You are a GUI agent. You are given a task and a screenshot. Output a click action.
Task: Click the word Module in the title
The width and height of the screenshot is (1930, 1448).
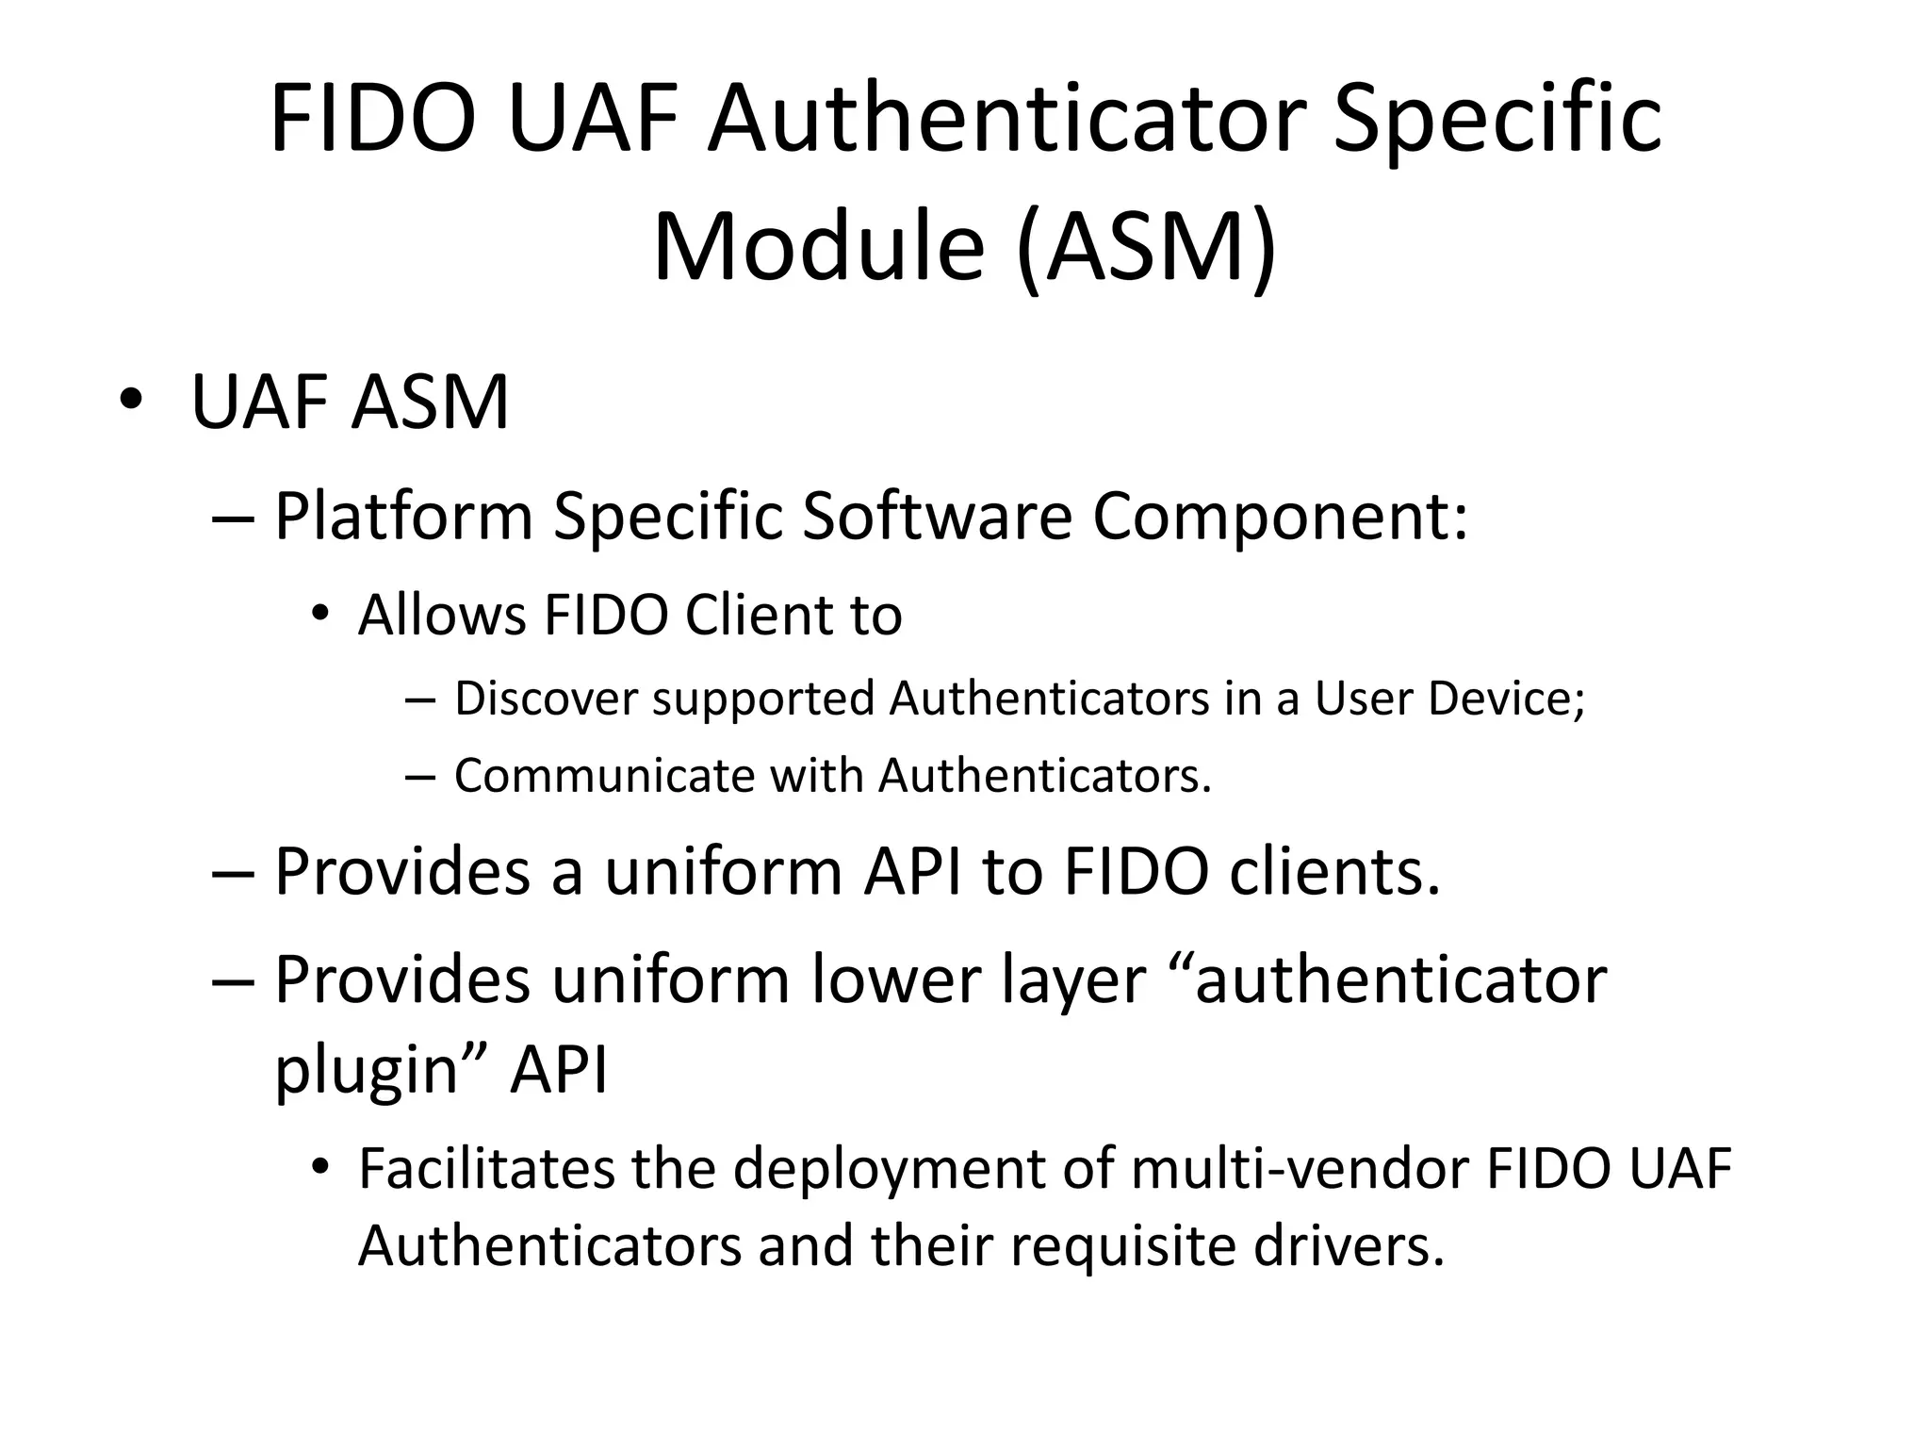point(818,247)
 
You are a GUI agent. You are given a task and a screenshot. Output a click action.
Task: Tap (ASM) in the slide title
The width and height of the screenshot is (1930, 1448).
point(1147,247)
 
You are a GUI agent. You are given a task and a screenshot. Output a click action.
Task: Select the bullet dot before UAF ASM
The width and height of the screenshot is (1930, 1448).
point(130,400)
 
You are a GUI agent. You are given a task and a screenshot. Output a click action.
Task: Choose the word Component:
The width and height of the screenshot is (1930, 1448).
point(1280,517)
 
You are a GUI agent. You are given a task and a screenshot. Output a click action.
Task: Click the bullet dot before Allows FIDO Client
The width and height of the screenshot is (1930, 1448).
point(320,614)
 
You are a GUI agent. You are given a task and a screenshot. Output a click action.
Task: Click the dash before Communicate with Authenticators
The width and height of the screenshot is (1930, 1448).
point(419,777)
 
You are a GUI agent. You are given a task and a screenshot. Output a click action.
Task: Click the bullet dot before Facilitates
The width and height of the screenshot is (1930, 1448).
point(320,1167)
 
